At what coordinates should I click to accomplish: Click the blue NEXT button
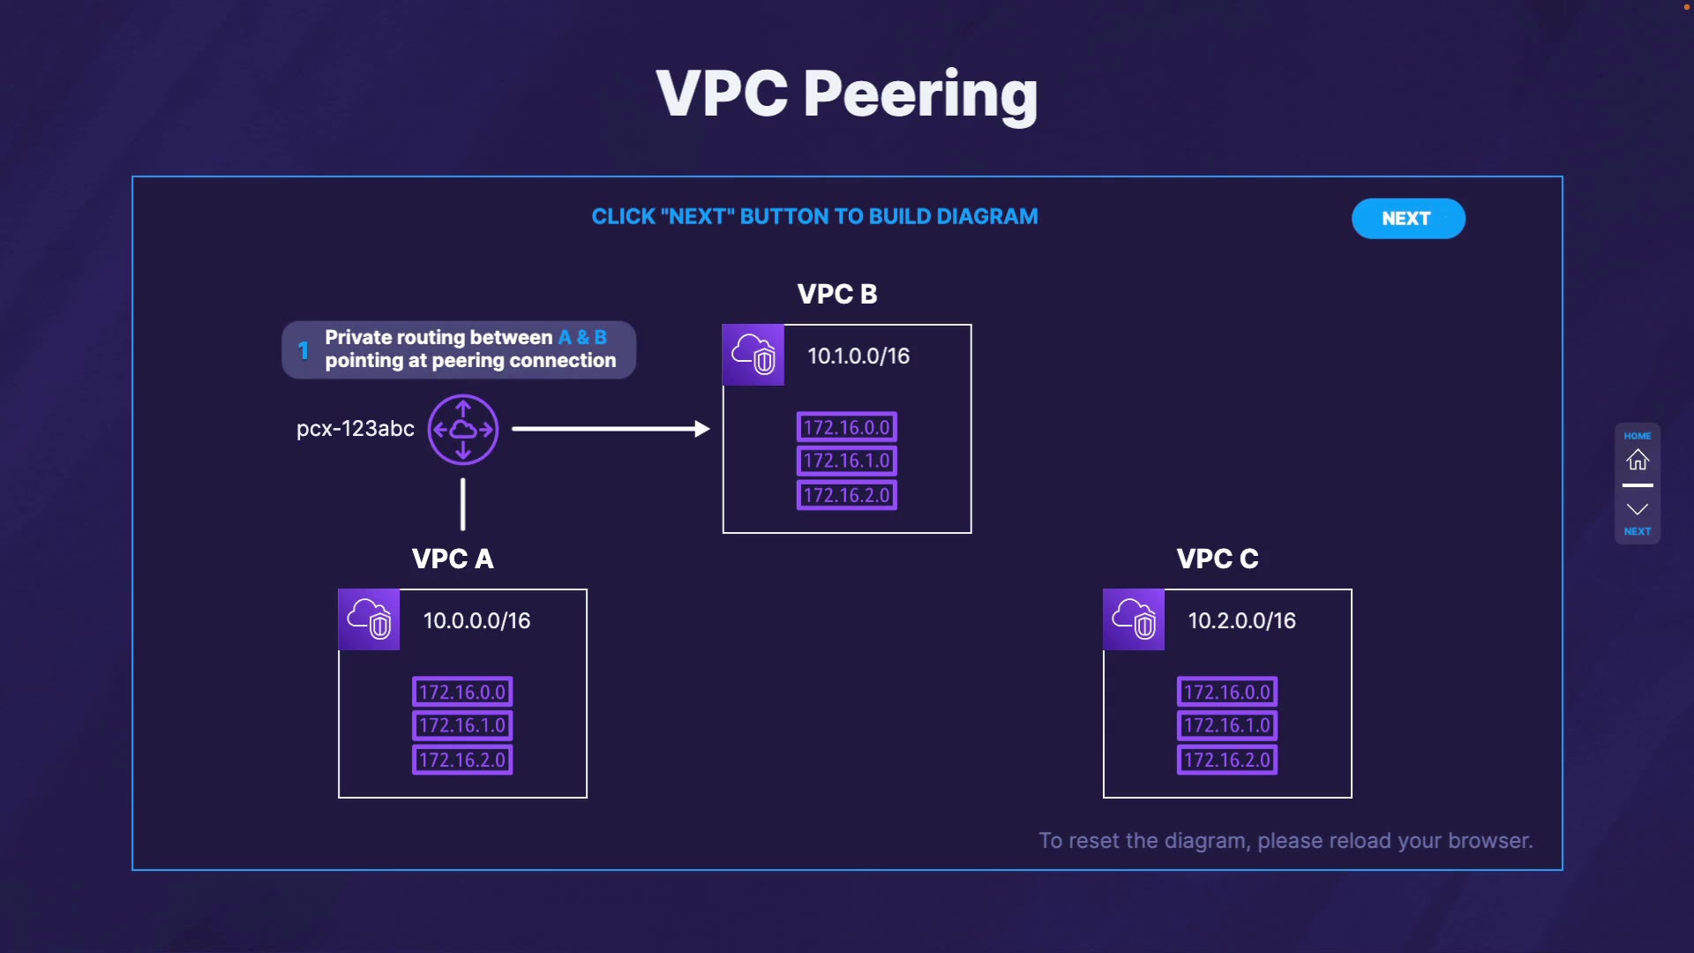(x=1408, y=219)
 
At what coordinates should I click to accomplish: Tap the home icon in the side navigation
(x=1638, y=460)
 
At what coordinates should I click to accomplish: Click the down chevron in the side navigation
(x=1638, y=509)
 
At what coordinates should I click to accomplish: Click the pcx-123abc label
(x=356, y=429)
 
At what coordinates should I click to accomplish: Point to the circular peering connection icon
(x=463, y=430)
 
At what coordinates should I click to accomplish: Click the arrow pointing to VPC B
(x=611, y=429)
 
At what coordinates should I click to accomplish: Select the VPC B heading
(x=837, y=294)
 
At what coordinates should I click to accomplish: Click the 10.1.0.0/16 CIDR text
(x=858, y=356)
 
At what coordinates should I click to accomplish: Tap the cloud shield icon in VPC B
(x=753, y=355)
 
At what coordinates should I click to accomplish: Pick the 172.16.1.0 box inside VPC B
(x=847, y=461)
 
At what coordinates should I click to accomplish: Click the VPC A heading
(x=453, y=559)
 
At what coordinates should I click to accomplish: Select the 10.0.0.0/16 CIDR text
(x=477, y=620)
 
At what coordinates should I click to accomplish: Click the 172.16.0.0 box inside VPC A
(x=462, y=692)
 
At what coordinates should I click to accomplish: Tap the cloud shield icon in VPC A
(x=369, y=619)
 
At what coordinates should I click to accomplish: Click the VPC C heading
(x=1218, y=559)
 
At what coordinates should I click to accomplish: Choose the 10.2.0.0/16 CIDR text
(x=1242, y=620)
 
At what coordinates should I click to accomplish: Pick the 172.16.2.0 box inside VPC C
(x=1227, y=760)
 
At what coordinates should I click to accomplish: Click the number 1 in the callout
(x=304, y=350)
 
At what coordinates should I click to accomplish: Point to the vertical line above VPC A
(x=463, y=505)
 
